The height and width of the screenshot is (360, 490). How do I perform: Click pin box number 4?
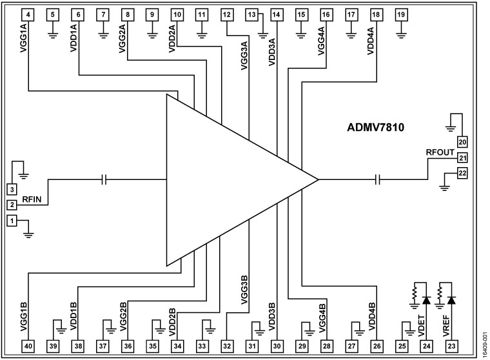pyautogui.click(x=29, y=14)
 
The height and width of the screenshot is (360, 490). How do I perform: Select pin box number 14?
pyautogui.click(x=277, y=14)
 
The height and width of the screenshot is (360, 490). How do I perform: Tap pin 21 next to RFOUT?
pyautogui.click(x=462, y=157)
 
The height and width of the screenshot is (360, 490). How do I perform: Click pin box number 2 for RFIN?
pyautogui.click(x=12, y=205)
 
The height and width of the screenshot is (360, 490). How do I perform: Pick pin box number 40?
pyautogui.click(x=29, y=346)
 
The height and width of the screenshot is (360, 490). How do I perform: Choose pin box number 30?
pyautogui.click(x=277, y=346)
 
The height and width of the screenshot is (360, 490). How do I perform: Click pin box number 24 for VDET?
pyautogui.click(x=426, y=346)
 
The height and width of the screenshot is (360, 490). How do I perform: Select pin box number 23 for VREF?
pyautogui.click(x=451, y=346)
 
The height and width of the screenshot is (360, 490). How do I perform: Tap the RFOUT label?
pyautogui.click(x=440, y=152)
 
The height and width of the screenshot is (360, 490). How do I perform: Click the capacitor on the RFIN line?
pyautogui.click(x=104, y=179)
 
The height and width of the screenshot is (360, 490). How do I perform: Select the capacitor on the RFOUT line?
pyautogui.click(x=380, y=179)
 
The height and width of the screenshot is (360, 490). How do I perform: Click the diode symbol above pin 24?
pyautogui.click(x=426, y=300)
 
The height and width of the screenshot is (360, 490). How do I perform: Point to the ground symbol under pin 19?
pyautogui.click(x=401, y=30)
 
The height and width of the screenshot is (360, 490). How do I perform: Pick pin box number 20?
pyautogui.click(x=462, y=142)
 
